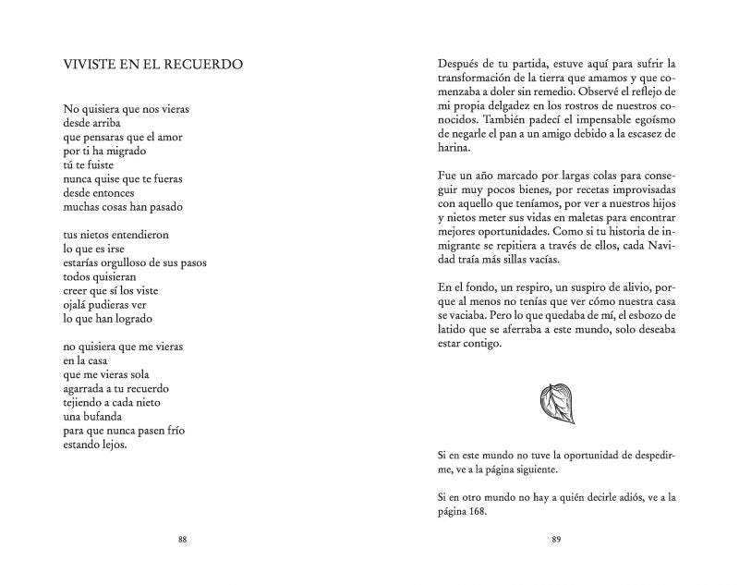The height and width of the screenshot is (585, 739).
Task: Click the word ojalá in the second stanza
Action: click(79, 304)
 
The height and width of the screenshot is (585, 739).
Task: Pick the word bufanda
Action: click(91, 417)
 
